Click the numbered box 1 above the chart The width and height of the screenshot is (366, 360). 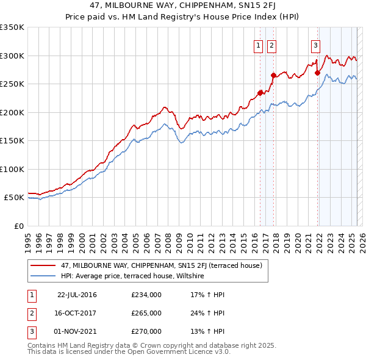(258, 45)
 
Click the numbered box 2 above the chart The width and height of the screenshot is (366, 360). (271, 45)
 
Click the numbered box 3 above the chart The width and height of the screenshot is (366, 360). (315, 45)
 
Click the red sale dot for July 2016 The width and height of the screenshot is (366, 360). (260, 93)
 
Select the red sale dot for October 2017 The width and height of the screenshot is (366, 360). (273, 75)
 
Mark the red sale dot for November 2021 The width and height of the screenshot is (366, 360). (317, 73)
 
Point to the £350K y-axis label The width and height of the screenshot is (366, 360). (12, 27)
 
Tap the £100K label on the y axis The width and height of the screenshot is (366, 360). (12, 169)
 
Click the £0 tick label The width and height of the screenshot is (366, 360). (19, 226)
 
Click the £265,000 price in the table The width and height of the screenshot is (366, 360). (146, 313)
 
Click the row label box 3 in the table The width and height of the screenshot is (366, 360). (30, 331)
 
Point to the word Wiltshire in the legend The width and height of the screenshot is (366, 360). (189, 276)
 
